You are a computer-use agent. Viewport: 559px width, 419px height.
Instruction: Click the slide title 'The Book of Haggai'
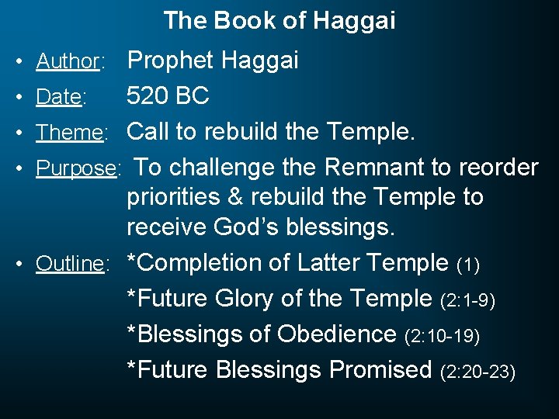pos(279,21)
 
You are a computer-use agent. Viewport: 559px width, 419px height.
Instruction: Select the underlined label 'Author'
pos(69,61)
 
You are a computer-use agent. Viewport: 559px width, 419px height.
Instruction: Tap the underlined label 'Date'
pos(58,97)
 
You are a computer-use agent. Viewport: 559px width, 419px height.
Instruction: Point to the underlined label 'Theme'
pos(70,133)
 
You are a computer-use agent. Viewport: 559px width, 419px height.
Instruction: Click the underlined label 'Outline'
pos(70,264)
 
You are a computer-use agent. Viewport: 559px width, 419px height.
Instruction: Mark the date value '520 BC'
pos(168,96)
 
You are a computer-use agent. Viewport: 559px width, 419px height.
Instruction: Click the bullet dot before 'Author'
pos(26,61)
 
